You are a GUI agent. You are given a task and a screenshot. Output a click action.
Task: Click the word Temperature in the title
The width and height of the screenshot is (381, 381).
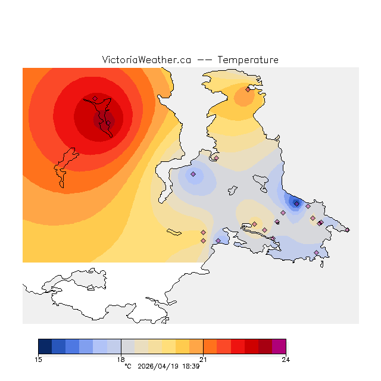248,60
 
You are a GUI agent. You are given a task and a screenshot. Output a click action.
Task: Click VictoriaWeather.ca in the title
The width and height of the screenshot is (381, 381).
146,60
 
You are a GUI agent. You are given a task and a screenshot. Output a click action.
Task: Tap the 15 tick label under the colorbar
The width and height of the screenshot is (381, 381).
39,359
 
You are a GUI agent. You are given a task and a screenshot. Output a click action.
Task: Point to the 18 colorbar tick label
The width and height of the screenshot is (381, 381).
121,359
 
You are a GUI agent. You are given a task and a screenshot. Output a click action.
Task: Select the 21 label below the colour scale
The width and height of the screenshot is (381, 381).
204,359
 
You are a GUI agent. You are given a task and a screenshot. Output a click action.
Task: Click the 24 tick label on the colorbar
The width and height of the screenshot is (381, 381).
286,359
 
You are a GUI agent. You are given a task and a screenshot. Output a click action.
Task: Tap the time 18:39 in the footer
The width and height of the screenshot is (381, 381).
190,366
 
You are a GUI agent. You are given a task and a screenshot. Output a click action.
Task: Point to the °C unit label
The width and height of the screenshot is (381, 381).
127,366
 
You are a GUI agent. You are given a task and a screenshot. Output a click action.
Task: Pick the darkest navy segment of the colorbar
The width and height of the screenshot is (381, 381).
45,346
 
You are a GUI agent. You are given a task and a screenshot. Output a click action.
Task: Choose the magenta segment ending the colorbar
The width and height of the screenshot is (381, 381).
279,346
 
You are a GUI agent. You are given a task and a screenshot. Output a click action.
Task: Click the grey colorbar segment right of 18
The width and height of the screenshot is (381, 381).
127,346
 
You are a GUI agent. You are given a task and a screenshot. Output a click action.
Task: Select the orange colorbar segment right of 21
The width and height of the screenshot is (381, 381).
210,346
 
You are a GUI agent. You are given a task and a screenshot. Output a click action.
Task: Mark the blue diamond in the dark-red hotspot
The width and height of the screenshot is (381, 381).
95,98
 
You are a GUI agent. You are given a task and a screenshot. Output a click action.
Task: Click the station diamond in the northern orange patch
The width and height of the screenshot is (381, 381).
248,90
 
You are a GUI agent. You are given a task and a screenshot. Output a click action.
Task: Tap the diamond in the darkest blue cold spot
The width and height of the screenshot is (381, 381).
296,203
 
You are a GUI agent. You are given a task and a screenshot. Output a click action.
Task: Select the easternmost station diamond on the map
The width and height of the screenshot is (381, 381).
347,230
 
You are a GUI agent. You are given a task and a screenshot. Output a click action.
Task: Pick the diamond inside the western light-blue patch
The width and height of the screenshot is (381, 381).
193,174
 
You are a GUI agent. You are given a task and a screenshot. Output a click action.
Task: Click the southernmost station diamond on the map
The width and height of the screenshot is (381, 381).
316,253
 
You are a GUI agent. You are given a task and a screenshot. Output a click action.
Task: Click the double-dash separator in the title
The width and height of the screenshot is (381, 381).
204,60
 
